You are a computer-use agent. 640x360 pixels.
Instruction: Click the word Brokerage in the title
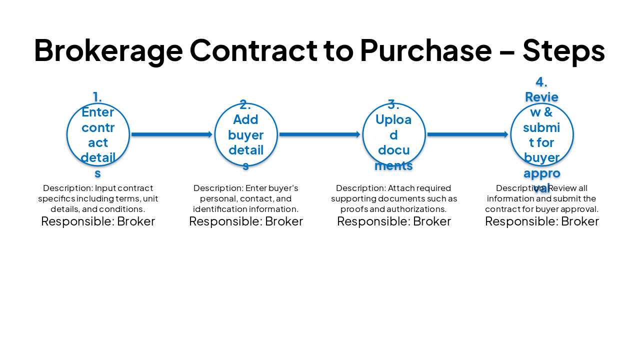click(x=108, y=50)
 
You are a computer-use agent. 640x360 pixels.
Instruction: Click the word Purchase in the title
click(x=425, y=50)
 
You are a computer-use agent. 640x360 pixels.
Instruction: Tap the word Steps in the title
click(x=563, y=50)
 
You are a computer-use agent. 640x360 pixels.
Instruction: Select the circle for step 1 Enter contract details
click(x=98, y=134)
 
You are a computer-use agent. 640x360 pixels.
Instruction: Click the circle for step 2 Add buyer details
click(x=246, y=134)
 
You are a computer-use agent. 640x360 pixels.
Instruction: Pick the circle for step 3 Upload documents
click(x=394, y=134)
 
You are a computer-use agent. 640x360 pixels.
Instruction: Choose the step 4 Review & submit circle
click(x=542, y=134)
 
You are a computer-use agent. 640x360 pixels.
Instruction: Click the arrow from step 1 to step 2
click(x=171, y=134)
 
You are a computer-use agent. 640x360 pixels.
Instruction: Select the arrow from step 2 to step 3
click(x=319, y=134)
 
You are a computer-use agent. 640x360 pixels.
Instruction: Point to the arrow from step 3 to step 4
click(x=467, y=134)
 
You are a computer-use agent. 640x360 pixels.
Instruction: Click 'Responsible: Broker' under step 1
click(x=98, y=221)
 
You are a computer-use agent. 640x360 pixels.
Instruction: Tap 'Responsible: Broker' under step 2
click(x=246, y=221)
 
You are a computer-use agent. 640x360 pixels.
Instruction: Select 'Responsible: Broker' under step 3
click(x=394, y=221)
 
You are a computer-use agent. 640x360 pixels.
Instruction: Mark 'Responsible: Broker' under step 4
click(x=542, y=221)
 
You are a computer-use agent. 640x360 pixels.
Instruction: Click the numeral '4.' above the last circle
click(x=541, y=82)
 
